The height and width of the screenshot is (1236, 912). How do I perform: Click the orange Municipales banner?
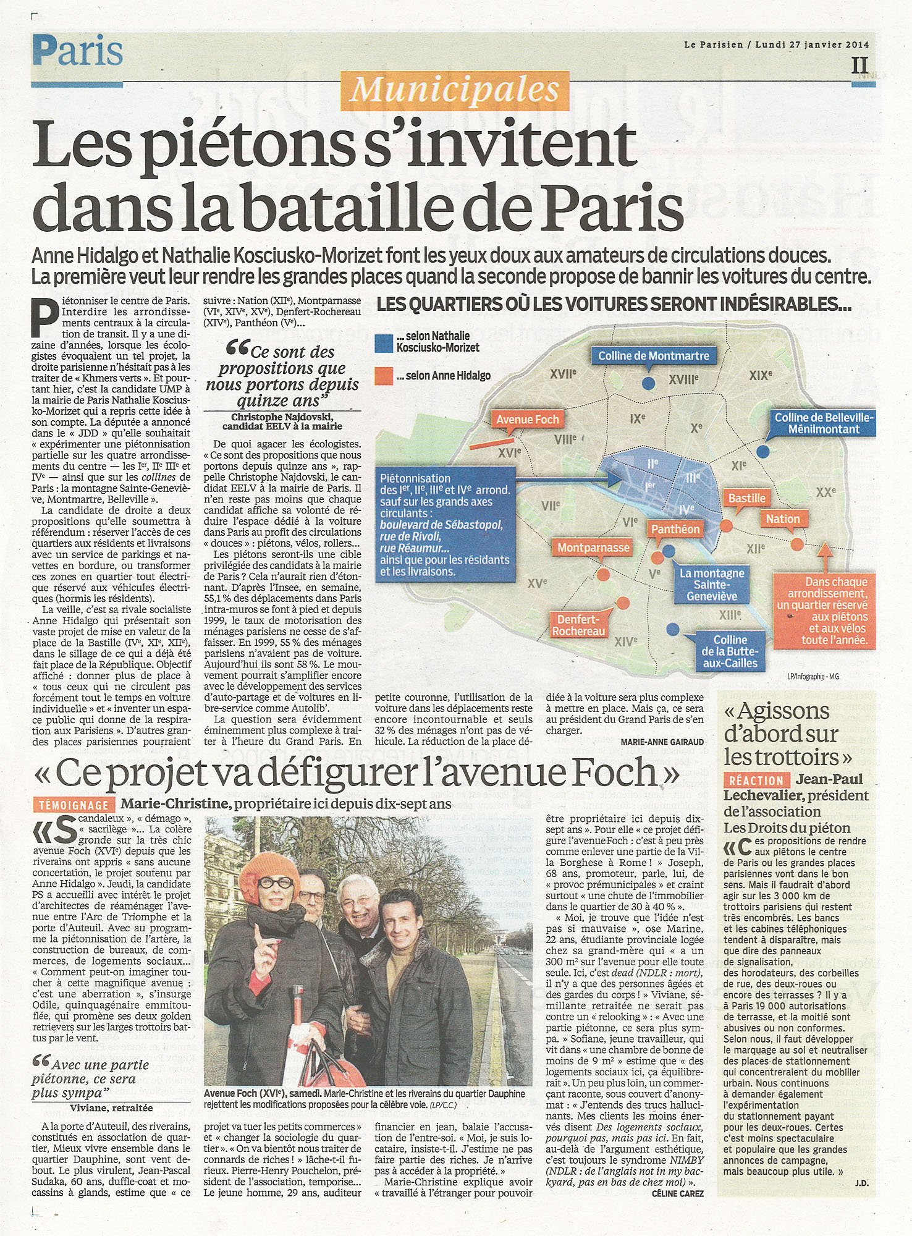454,90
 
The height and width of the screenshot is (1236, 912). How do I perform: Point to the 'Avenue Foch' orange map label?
527,420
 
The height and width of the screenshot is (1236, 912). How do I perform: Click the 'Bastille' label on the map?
746,498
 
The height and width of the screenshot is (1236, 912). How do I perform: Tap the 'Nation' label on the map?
783,519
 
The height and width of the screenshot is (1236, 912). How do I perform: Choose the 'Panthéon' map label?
675,529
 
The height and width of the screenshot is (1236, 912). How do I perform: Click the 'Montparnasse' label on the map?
593,548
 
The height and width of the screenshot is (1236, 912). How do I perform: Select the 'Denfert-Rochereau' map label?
579,625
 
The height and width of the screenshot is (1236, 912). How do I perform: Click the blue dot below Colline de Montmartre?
648,384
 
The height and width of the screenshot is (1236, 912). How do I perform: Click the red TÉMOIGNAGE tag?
74,805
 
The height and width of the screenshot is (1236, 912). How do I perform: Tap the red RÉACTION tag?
756,781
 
